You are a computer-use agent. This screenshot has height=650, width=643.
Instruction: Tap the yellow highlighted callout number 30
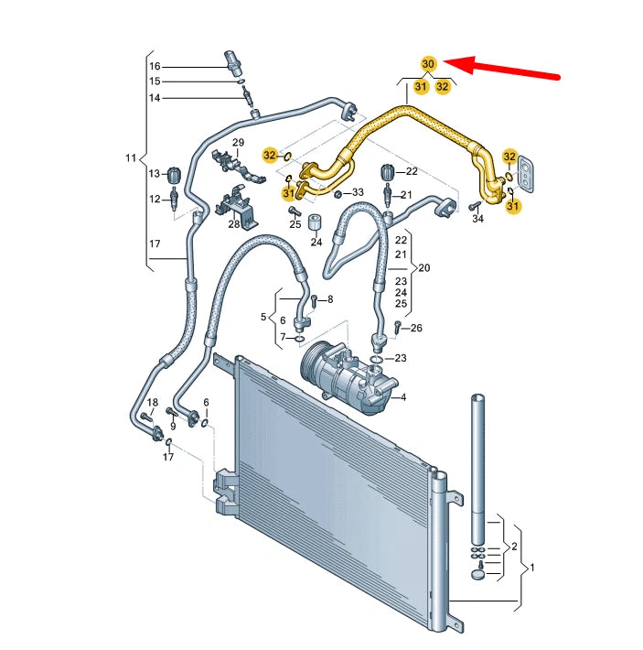pos(428,64)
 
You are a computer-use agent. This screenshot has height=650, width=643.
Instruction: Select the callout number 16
pos(155,66)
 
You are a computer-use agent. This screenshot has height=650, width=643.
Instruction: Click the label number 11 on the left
pos(131,158)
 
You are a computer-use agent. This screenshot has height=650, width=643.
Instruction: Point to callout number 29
pos(238,143)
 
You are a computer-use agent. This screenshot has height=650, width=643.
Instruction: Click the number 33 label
pos(358,192)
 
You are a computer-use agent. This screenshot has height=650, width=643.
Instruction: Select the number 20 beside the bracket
pos(423,268)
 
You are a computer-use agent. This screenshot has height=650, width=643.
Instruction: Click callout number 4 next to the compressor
pos(402,396)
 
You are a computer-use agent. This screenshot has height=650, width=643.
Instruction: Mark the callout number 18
pos(153,403)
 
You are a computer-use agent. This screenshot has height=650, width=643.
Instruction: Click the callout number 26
pos(417,328)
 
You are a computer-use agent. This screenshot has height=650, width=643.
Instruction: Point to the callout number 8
pos(330,299)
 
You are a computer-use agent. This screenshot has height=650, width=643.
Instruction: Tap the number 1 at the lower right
pos(532,568)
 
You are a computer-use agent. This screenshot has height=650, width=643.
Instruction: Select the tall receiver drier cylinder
pos(477,467)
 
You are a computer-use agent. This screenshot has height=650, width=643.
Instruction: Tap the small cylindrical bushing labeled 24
pos(316,223)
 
